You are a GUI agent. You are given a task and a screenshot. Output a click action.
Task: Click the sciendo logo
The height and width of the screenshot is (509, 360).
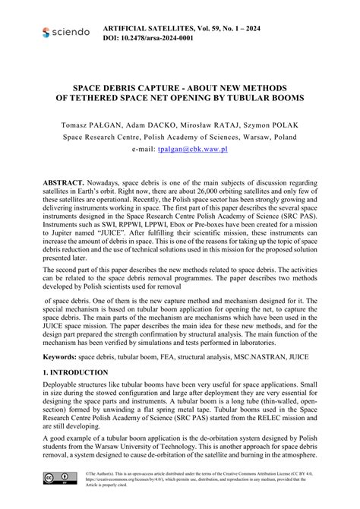(x=66, y=33)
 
